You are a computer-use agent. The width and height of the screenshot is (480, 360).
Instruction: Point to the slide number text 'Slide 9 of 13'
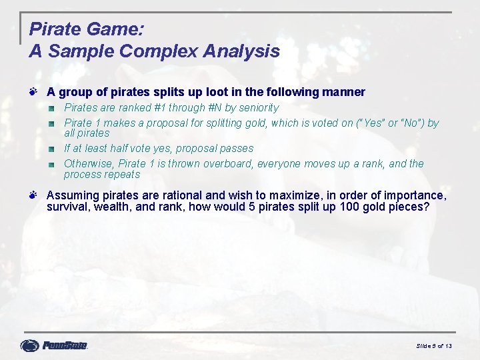point(434,346)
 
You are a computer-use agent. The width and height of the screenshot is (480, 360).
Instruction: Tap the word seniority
point(257,108)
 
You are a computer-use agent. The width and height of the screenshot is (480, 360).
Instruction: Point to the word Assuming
point(71,195)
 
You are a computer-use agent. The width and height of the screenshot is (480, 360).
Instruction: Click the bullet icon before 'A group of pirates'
point(33,91)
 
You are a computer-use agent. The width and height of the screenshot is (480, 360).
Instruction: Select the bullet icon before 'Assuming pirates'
point(33,195)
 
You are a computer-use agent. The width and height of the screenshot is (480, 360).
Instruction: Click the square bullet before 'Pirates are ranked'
point(51,107)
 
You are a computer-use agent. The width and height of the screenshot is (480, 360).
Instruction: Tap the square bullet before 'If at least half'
point(51,148)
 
